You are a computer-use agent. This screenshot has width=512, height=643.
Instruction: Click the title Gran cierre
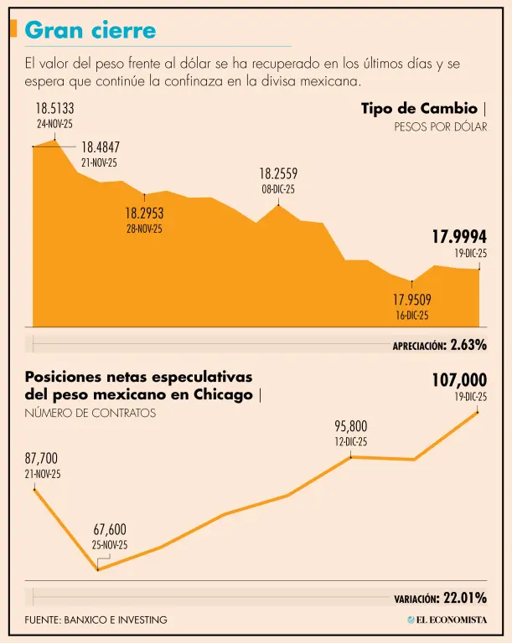click(91, 30)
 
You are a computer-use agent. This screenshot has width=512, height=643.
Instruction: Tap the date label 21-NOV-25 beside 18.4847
click(99, 162)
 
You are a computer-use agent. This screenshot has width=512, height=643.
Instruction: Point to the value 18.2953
click(144, 213)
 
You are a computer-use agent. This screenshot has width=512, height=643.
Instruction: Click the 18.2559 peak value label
click(278, 174)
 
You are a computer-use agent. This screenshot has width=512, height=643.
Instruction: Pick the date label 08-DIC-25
click(278, 189)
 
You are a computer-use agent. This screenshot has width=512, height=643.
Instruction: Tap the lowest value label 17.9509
click(411, 300)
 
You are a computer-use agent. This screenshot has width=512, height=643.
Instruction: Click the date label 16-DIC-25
click(411, 316)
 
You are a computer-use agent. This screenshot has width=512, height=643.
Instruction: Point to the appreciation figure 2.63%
click(468, 344)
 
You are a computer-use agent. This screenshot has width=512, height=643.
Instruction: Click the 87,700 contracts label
click(42, 459)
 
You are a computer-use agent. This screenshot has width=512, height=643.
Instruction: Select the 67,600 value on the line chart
click(110, 529)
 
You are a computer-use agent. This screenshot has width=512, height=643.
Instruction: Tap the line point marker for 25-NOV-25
click(98, 570)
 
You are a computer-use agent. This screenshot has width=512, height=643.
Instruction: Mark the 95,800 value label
click(350, 426)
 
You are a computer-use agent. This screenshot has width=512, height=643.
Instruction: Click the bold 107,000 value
click(459, 381)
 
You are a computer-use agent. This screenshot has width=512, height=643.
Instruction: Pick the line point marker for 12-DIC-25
click(350, 456)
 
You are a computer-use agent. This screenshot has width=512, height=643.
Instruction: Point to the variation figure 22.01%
click(465, 598)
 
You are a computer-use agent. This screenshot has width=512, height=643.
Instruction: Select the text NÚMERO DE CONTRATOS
click(90, 413)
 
